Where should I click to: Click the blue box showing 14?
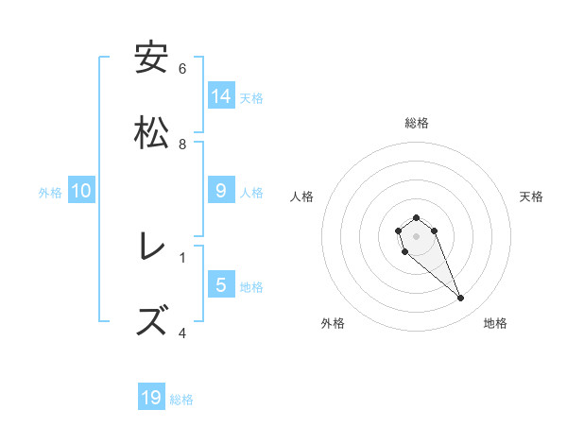point(221,95)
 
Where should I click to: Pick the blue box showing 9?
point(221,191)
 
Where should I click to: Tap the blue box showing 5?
point(221,284)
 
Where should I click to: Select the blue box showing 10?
point(81,191)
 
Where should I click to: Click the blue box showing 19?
point(151,398)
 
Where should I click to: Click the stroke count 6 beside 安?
point(182,69)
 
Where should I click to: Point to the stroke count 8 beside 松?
point(182,145)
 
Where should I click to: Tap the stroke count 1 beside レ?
point(182,257)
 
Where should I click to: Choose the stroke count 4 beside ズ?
point(182,333)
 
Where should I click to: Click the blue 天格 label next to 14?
point(251,97)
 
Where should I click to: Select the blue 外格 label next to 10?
point(50,193)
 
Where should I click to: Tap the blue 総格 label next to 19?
point(181,400)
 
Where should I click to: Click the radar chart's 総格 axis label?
point(416,123)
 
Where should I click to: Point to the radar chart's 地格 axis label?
point(495,323)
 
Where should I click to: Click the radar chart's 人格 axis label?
point(302,196)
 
